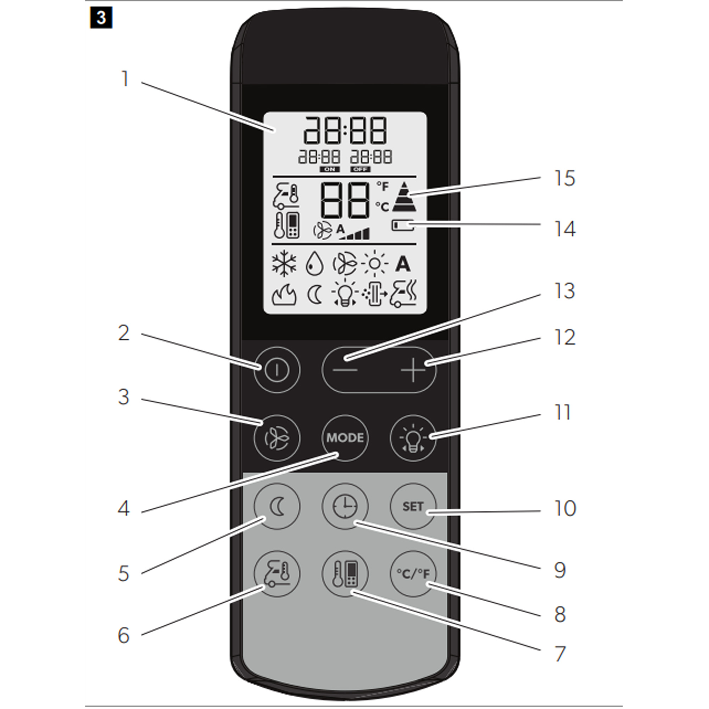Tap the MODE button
[x=345, y=438]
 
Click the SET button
[x=413, y=507]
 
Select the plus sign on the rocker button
[x=413, y=370]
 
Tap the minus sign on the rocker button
[x=345, y=370]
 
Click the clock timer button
[x=345, y=507]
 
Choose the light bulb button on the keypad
[x=413, y=438]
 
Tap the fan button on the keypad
[x=277, y=438]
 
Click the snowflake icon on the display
[x=284, y=263]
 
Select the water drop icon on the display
[x=314, y=263]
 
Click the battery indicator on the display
[x=403, y=225]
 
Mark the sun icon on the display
[x=374, y=263]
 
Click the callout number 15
[x=564, y=179]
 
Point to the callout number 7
[x=560, y=654]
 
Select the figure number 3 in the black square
[x=101, y=18]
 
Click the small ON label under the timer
[x=330, y=169]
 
